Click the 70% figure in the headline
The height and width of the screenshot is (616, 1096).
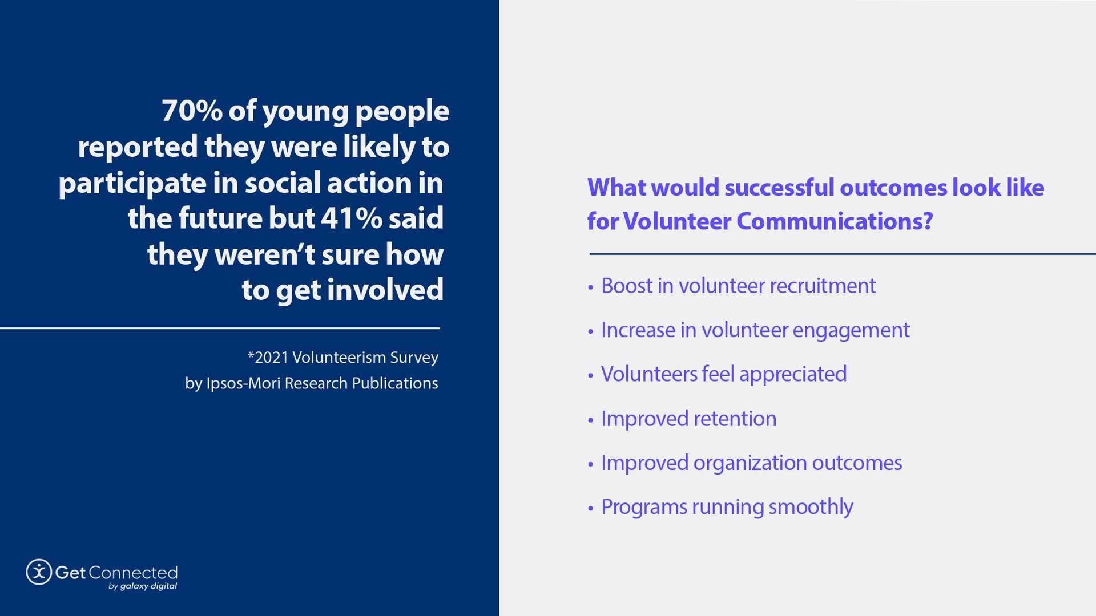[x=192, y=111]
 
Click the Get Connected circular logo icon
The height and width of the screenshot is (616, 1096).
[x=39, y=572]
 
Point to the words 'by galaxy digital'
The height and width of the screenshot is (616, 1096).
[x=143, y=586]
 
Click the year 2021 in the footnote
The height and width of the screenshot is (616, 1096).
[x=271, y=358]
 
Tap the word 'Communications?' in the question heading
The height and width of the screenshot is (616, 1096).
[x=835, y=221]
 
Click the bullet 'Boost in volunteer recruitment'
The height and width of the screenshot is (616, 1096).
[x=738, y=286]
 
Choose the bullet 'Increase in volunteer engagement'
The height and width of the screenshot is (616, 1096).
[x=755, y=330]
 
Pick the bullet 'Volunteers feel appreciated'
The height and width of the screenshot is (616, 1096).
[x=723, y=374]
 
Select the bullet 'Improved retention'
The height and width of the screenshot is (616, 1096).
[x=688, y=419]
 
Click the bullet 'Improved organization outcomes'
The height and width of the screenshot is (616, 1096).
[x=751, y=463]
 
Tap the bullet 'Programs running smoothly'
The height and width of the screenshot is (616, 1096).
[x=727, y=507]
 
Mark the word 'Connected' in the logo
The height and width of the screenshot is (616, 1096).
[x=133, y=573]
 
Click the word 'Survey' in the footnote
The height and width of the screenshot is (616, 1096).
[x=414, y=358]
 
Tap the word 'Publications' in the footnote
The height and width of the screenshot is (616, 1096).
[x=394, y=383]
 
